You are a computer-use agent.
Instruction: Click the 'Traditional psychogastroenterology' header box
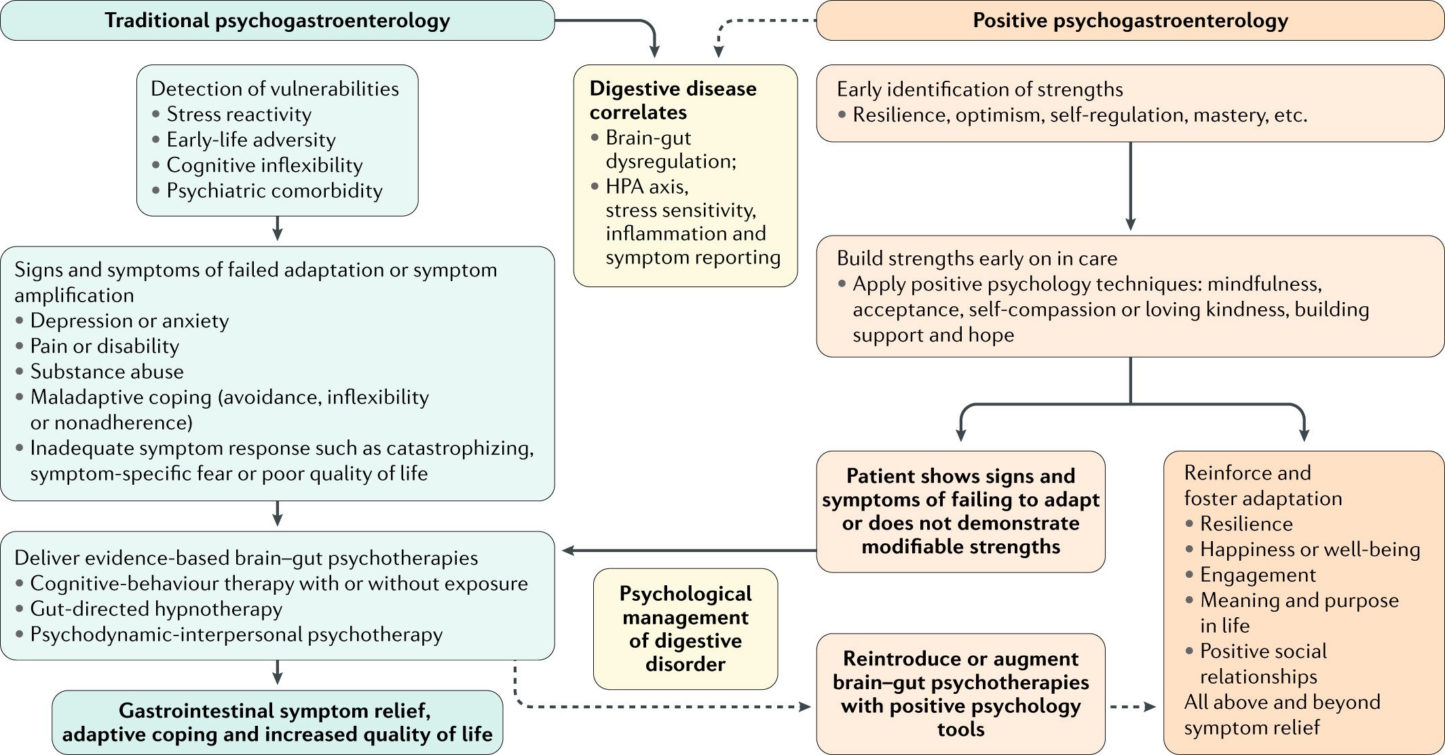pyautogui.click(x=277, y=20)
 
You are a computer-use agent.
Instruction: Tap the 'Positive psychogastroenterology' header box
pyautogui.click(x=1130, y=20)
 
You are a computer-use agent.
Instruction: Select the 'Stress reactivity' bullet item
pyautogui.click(x=239, y=114)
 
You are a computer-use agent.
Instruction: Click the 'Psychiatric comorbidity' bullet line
pyautogui.click(x=274, y=191)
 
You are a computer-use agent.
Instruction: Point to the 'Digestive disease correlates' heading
pyautogui.click(x=673, y=100)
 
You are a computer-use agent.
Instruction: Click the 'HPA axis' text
pyautogui.click(x=647, y=186)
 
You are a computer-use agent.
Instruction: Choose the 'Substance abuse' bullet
pyautogui.click(x=107, y=371)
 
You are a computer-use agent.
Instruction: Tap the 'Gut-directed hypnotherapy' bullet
pyautogui.click(x=156, y=609)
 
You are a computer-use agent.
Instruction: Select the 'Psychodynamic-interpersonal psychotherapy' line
pyautogui.click(x=236, y=634)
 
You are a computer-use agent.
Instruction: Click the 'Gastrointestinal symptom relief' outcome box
pyautogui.click(x=277, y=722)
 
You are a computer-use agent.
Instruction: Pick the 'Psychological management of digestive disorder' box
pyautogui.click(x=686, y=629)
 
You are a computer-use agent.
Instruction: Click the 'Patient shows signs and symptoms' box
pyautogui.click(x=960, y=511)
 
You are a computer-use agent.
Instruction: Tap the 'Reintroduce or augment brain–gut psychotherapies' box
pyautogui.click(x=960, y=694)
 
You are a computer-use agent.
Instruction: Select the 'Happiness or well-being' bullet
pyautogui.click(x=1310, y=549)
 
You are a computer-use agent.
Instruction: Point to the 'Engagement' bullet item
pyautogui.click(x=1258, y=575)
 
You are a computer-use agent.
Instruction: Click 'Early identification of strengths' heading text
pyautogui.click(x=979, y=89)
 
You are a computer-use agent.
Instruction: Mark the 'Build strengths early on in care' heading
pyautogui.click(x=977, y=259)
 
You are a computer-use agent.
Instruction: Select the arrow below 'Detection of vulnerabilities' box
pyautogui.click(x=277, y=229)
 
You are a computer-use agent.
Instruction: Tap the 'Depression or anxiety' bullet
pyautogui.click(x=129, y=320)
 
